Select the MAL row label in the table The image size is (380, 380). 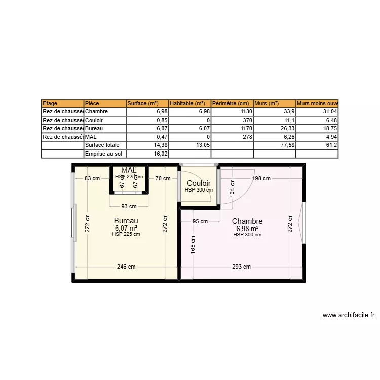click(x=91, y=137)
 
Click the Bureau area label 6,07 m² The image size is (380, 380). click(x=126, y=228)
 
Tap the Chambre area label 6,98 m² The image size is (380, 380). click(x=247, y=228)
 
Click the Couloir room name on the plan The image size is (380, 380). click(x=199, y=183)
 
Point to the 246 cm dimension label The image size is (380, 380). click(x=126, y=267)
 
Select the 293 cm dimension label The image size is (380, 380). click(x=242, y=267)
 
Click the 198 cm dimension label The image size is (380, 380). click(x=261, y=178)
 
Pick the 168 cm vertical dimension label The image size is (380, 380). click(x=193, y=245)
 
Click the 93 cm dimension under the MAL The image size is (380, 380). click(x=129, y=206)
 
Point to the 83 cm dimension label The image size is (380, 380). click(x=92, y=178)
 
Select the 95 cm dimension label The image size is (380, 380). click(x=200, y=221)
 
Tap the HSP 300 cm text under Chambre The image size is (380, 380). click(x=247, y=235)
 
